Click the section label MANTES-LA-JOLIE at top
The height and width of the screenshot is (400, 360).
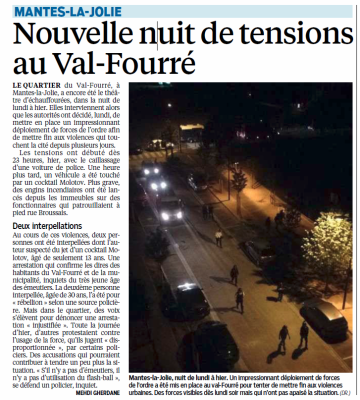click(x=67, y=11)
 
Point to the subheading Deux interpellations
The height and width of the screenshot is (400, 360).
click(x=47, y=226)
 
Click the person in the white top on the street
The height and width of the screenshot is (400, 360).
click(x=218, y=237)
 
